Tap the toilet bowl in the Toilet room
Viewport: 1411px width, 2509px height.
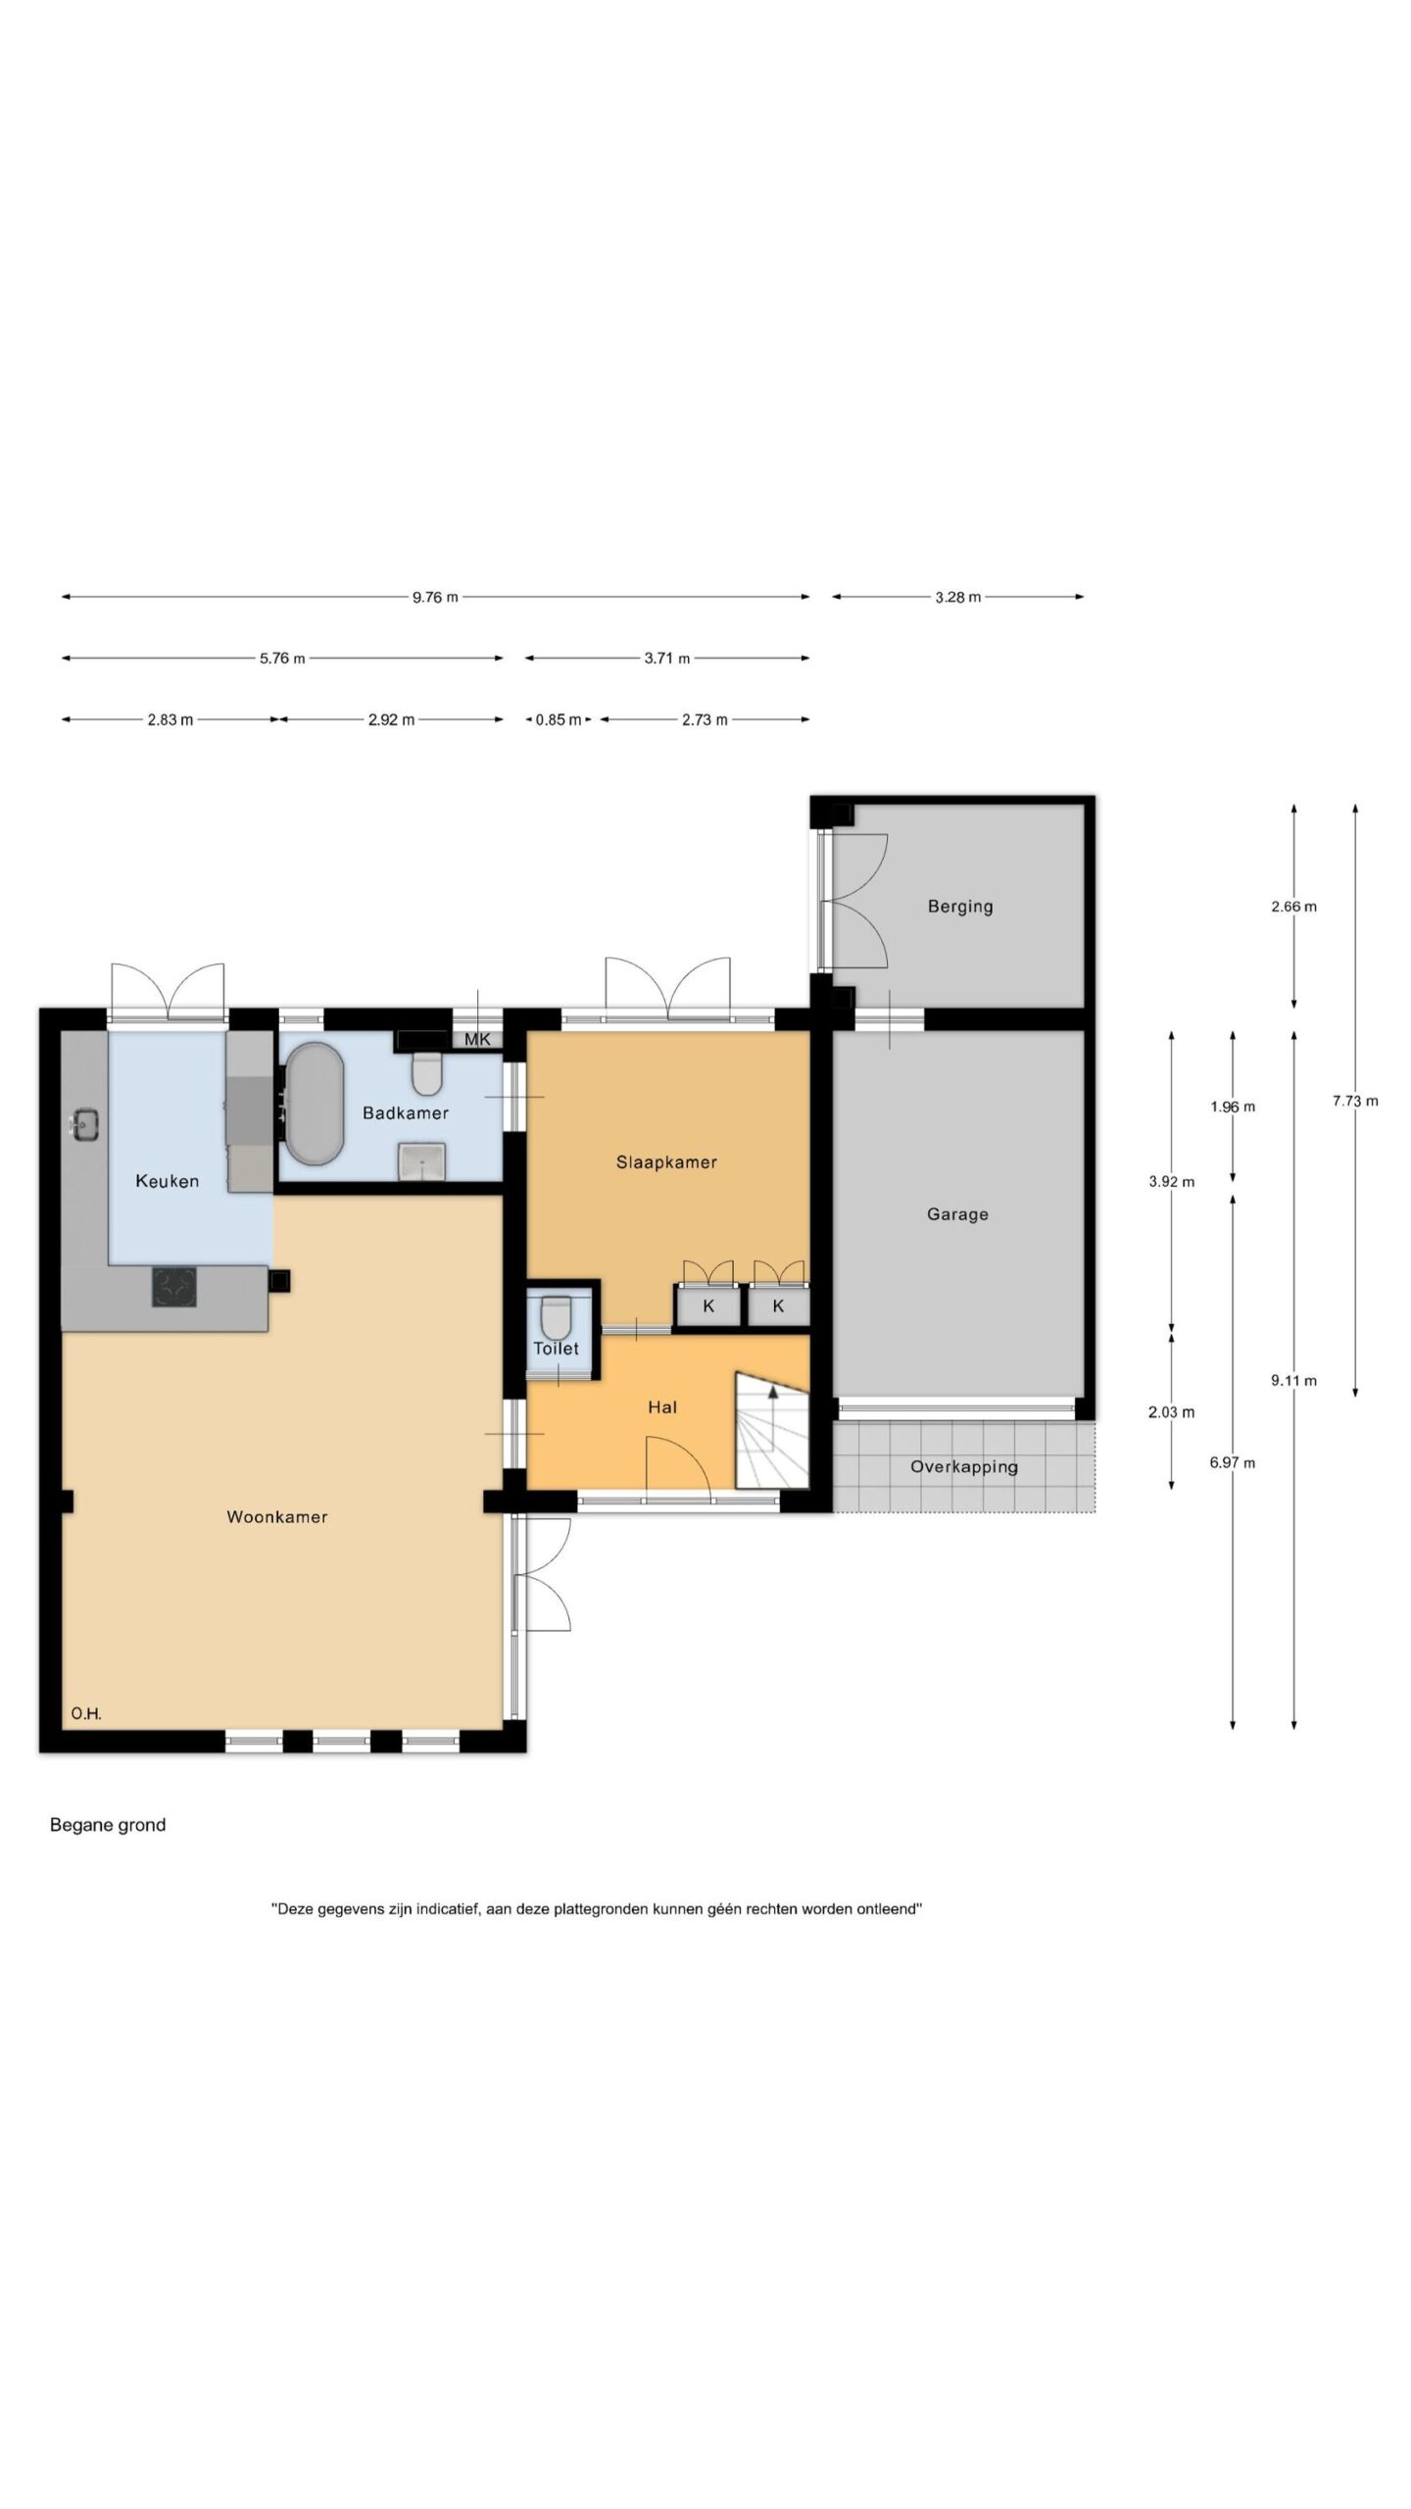point(556,1317)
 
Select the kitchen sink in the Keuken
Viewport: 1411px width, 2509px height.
point(85,1123)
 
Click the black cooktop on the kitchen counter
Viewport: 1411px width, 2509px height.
point(173,1287)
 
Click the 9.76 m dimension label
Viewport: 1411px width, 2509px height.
point(435,597)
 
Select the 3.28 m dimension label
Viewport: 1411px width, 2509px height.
point(957,597)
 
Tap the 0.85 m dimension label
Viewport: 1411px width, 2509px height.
point(559,720)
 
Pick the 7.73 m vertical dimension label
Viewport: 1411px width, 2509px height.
point(1355,1101)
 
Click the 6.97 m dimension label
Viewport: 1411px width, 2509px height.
point(1233,1463)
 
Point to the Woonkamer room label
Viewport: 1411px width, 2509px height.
point(277,1517)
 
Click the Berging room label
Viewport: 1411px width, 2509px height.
point(960,907)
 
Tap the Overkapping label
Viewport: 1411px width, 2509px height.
point(964,1467)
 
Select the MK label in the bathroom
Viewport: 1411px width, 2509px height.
point(478,1040)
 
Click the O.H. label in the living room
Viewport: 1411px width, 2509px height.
point(86,1714)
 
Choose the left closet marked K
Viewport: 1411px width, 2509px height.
point(707,1306)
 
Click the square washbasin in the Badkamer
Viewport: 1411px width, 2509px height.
point(422,1161)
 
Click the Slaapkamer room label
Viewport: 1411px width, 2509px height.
point(666,1162)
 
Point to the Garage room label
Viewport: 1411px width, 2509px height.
point(957,1214)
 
